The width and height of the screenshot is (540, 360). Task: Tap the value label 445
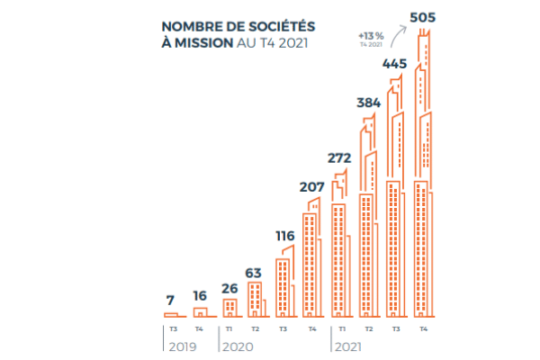pos(397,64)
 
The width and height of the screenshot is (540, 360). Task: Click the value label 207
pos(310,187)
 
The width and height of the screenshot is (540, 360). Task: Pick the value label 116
pos(284,237)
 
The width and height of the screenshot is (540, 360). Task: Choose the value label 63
pos(255,271)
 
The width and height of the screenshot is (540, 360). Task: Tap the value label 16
pos(200,294)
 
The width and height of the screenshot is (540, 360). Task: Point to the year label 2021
pos(349,346)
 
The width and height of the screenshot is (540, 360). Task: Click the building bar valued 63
pos(255,300)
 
